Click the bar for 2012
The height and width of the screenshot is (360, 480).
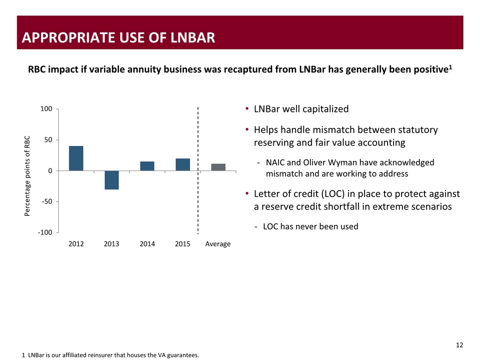[x=76, y=158]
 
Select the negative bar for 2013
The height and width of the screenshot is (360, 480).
[x=111, y=180]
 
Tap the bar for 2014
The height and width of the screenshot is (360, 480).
[x=147, y=166]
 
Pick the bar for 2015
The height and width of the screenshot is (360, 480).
[x=182, y=164]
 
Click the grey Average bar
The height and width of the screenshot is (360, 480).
[x=218, y=167]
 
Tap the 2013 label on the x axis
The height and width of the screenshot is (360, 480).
[x=111, y=244]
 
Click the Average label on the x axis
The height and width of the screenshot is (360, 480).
[x=218, y=244]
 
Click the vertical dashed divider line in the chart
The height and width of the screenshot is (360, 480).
[x=198, y=170]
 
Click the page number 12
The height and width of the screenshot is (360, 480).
[x=459, y=345]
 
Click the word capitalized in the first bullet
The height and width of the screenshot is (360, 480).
[x=323, y=109]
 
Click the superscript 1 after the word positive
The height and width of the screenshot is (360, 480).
[x=450, y=66]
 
